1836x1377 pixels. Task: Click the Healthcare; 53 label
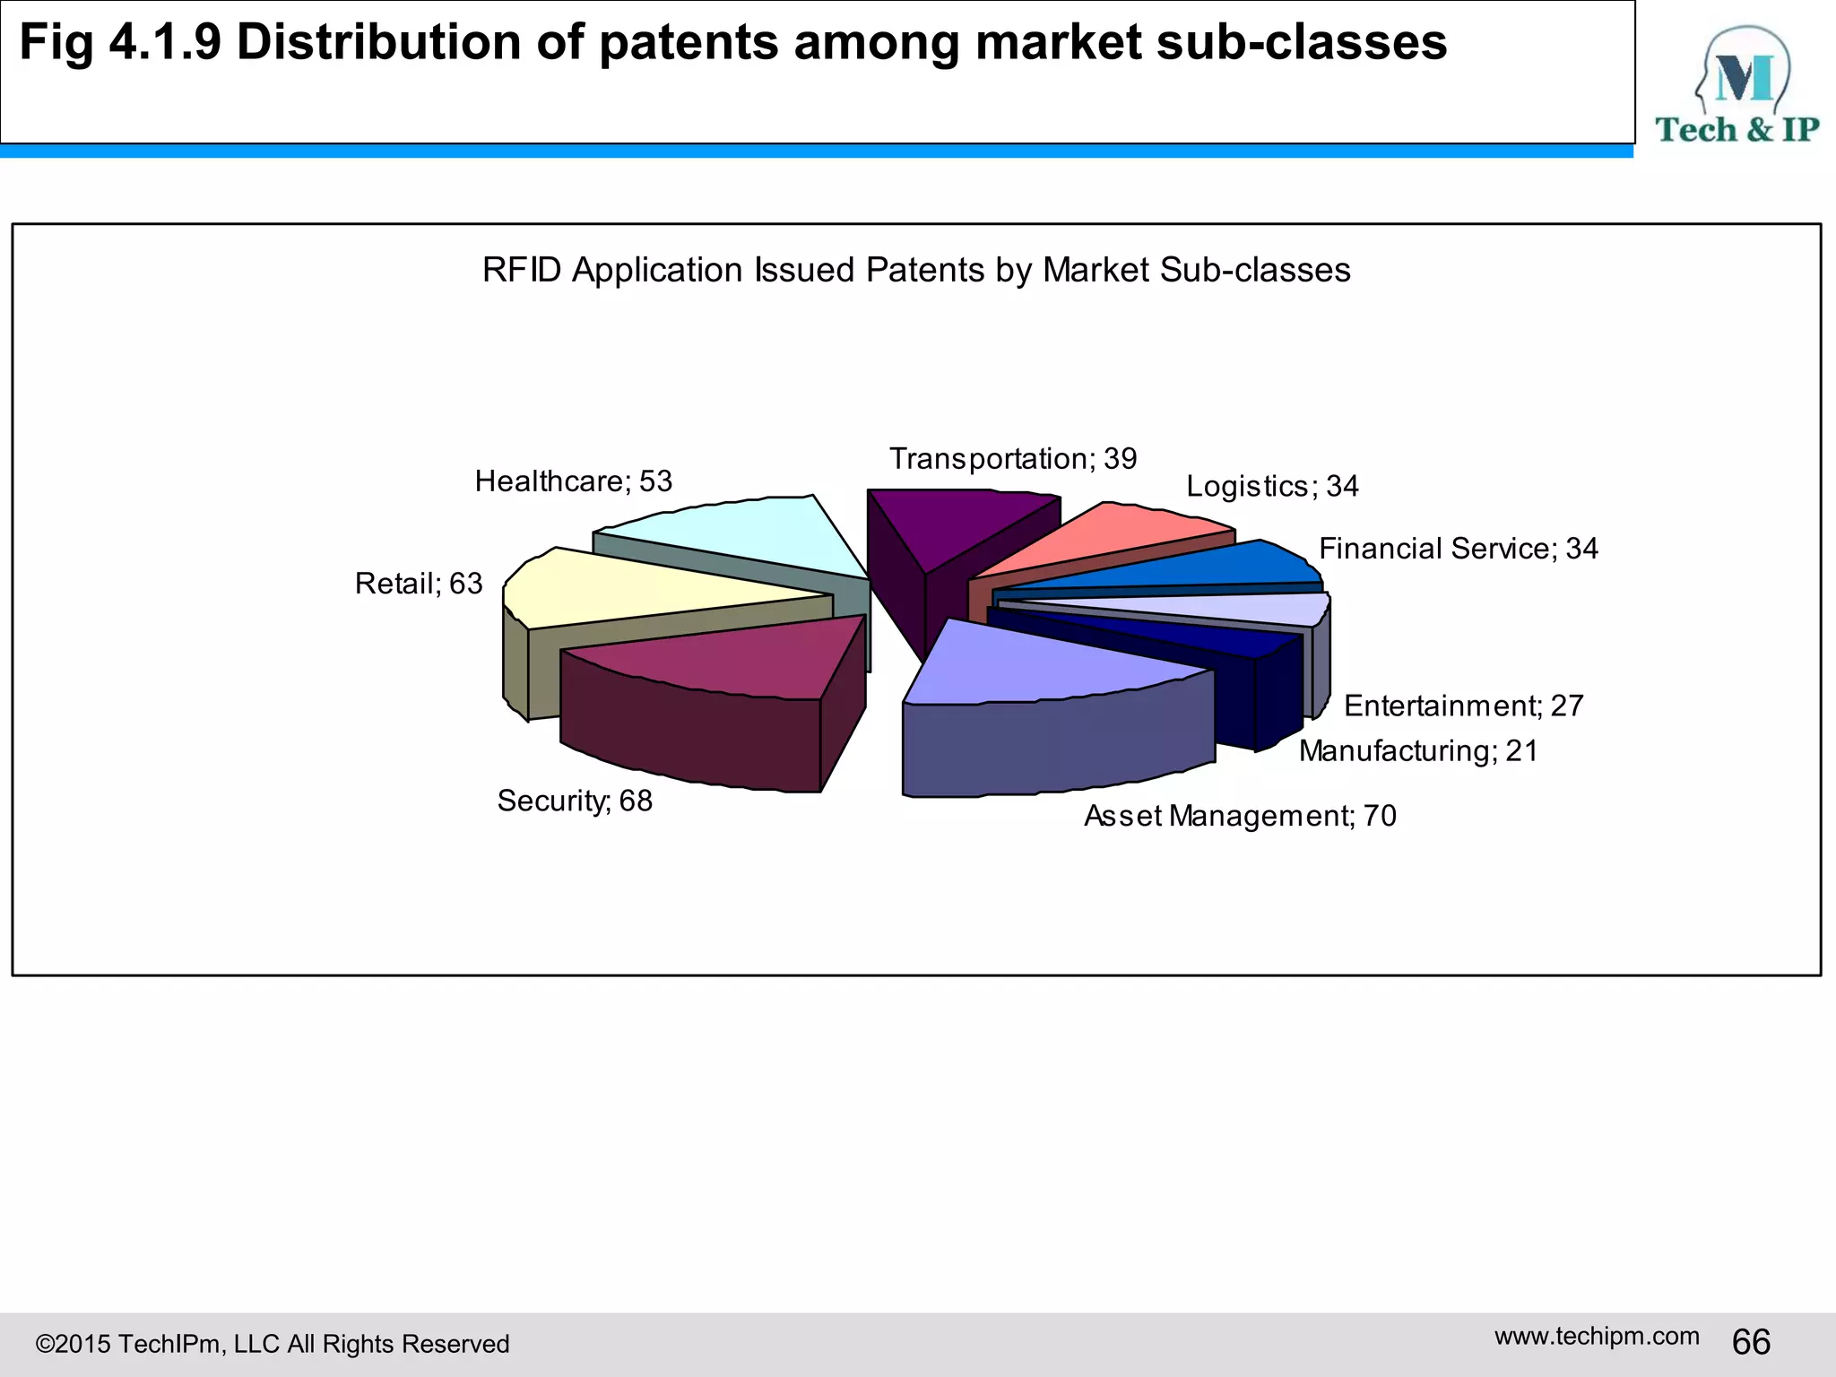(x=573, y=481)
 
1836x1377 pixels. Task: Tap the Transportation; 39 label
(x=1012, y=459)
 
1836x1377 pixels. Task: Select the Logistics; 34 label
(x=1271, y=486)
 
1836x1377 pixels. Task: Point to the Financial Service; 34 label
(x=1458, y=549)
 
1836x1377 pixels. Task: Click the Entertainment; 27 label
(x=1463, y=706)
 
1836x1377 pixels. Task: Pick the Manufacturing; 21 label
(x=1417, y=750)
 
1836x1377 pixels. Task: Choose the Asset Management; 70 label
(x=1239, y=816)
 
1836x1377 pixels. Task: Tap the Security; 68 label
(x=575, y=801)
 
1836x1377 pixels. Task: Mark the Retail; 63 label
(x=419, y=584)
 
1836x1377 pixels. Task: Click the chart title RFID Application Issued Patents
(x=915, y=270)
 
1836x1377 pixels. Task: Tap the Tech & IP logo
(x=1736, y=86)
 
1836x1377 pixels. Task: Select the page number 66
(x=1751, y=1342)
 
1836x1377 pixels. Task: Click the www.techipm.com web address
(x=1596, y=1336)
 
